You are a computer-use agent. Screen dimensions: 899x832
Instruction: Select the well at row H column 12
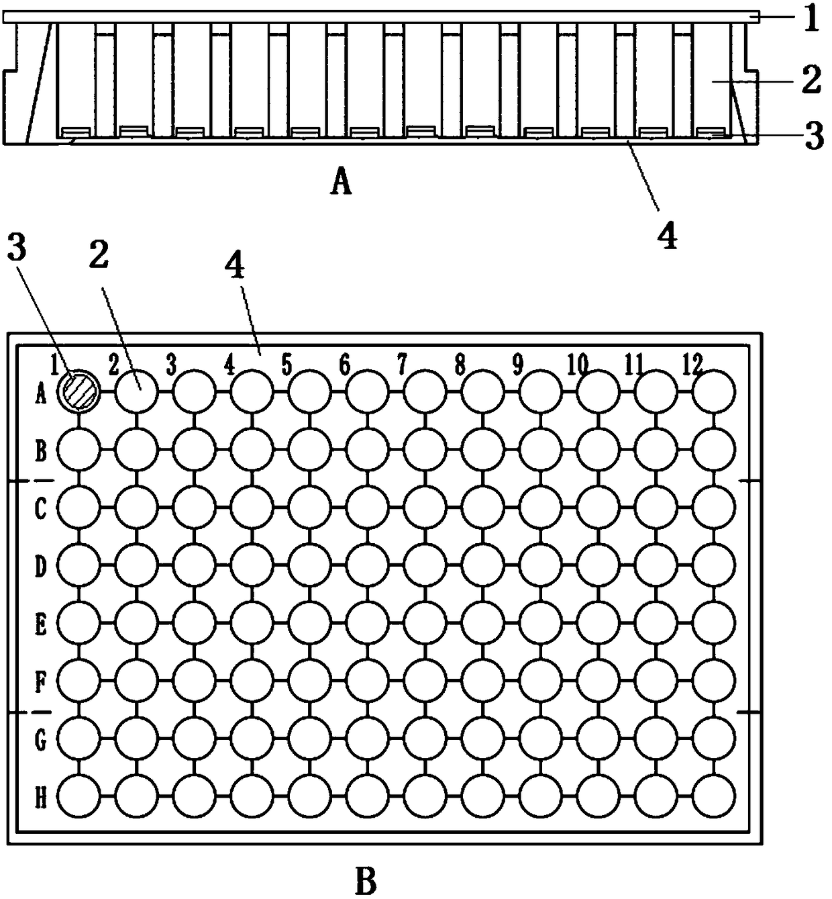point(713,797)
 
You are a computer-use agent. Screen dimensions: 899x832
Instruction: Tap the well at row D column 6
point(367,565)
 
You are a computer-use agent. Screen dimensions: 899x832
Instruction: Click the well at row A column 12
point(713,390)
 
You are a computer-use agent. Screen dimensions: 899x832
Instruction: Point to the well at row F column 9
point(540,681)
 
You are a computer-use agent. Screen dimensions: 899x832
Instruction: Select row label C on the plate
point(40,509)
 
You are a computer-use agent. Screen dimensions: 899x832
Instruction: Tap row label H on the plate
point(40,799)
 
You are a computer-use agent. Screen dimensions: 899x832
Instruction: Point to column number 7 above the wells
point(401,365)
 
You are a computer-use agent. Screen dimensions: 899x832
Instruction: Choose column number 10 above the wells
point(576,365)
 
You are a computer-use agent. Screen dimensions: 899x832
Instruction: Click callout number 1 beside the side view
point(811,19)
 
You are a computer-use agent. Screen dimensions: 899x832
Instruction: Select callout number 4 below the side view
point(667,236)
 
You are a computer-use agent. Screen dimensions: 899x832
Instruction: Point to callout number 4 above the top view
point(236,269)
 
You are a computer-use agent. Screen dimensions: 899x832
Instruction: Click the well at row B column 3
point(194,448)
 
